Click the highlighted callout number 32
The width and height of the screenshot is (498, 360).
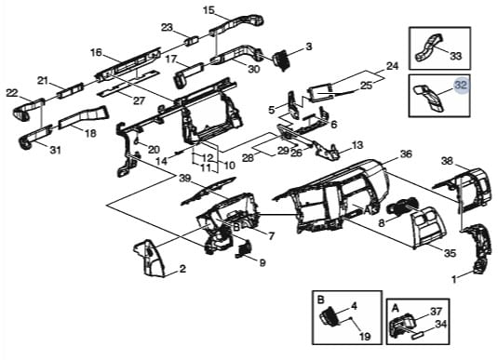[462, 86]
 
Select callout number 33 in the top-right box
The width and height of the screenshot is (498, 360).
[455, 56]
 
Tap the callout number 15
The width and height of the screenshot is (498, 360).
[209, 10]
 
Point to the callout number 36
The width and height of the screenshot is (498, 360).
[406, 154]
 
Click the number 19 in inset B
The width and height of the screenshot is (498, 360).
[365, 336]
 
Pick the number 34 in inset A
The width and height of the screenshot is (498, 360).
[440, 324]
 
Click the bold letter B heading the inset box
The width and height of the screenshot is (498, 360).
[320, 299]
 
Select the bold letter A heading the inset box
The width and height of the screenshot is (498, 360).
[395, 308]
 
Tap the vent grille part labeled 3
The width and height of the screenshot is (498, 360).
[280, 58]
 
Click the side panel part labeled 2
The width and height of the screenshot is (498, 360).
[150, 258]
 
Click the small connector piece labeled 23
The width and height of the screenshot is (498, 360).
[192, 41]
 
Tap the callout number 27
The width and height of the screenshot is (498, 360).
[139, 100]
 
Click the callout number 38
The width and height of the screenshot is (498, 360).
[447, 161]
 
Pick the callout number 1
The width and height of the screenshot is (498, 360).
[454, 279]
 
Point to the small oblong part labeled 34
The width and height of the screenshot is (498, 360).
[418, 336]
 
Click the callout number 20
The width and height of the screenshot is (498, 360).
[154, 149]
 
